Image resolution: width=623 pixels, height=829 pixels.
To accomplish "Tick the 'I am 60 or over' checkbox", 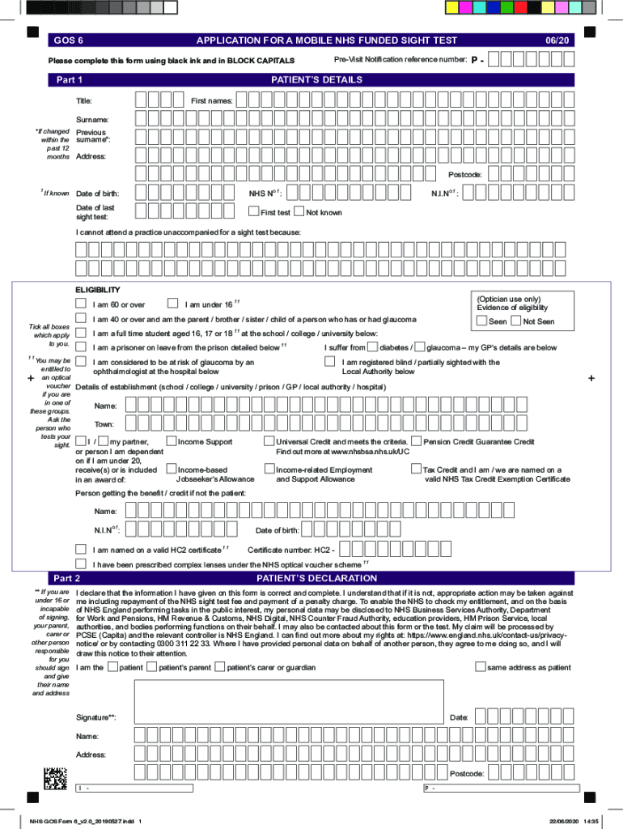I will (81, 304).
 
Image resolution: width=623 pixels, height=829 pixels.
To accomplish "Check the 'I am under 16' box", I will (172, 304).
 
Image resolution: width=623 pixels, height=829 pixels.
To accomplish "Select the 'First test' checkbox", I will (253, 212).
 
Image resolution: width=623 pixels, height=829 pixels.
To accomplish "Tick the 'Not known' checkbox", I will (299, 212).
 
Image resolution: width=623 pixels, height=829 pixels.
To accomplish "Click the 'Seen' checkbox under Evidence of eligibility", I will (482, 321).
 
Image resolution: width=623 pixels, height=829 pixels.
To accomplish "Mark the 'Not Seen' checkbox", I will (517, 321).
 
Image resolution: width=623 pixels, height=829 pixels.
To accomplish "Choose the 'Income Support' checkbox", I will (171, 441).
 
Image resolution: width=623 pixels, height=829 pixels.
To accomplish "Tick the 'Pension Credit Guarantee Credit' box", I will (416, 441).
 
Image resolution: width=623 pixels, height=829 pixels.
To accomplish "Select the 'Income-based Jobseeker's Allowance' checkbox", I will (171, 469).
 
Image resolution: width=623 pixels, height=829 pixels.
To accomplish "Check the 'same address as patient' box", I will (481, 667).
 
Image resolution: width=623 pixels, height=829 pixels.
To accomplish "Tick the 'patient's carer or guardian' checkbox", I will (220, 667).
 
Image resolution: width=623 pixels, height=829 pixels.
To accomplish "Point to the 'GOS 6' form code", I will (68, 40).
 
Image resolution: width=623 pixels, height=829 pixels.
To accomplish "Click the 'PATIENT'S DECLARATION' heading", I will (316, 578).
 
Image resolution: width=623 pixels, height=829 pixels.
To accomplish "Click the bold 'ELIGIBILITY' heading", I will (98, 289).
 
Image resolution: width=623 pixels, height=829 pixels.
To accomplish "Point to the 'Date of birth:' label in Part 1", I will (97, 193).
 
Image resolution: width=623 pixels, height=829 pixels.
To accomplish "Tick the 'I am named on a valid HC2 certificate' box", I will (81, 549).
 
